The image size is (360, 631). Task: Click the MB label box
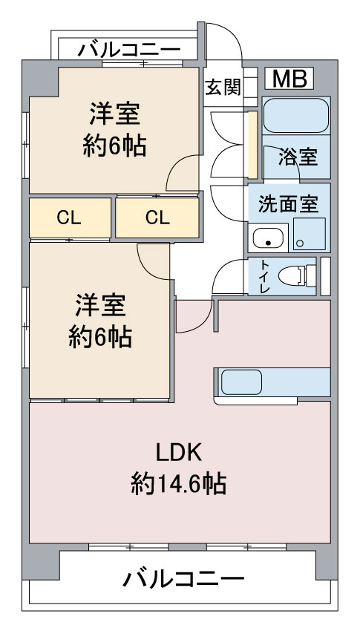(289, 79)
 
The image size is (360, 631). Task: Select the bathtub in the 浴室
(296, 116)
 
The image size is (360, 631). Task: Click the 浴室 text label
(298, 157)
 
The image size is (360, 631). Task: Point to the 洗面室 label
(289, 203)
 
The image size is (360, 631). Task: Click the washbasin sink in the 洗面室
(268, 238)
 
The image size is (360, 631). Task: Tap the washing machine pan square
(309, 234)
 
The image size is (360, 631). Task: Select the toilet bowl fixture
(297, 276)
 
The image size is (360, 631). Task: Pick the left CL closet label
(69, 218)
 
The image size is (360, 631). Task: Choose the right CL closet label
(157, 218)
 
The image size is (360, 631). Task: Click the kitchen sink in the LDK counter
(241, 382)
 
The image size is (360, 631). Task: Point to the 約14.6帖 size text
(178, 484)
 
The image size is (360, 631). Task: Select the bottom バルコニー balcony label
(183, 579)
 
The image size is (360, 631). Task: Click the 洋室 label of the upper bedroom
(114, 114)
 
